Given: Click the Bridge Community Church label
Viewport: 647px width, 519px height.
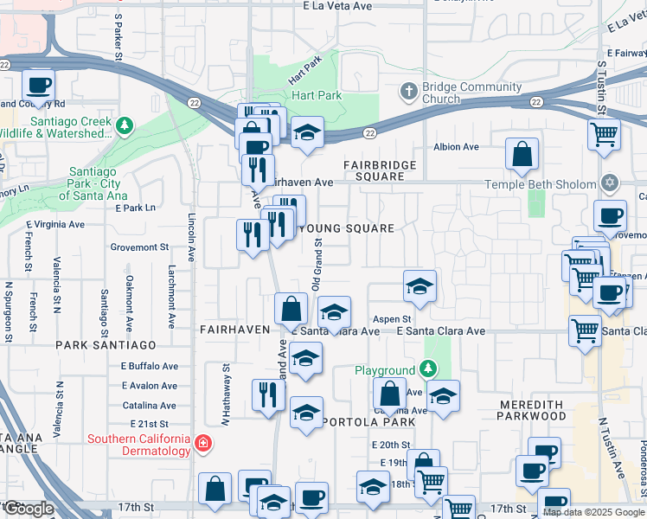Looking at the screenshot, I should point(471,93).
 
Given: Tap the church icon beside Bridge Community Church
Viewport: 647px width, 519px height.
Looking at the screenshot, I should point(408,90).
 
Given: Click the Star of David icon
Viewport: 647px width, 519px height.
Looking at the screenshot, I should point(610,183).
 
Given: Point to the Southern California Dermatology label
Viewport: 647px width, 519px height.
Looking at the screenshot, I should point(138,445).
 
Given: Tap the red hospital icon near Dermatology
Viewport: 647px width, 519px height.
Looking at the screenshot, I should point(203,445).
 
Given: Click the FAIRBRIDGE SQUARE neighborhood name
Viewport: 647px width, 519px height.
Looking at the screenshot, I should point(380,170).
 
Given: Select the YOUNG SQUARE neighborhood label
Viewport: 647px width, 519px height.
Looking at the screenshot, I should point(346,228).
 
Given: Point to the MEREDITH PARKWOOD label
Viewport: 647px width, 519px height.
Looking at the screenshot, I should point(533,409).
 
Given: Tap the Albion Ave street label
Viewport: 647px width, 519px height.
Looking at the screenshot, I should point(456,147).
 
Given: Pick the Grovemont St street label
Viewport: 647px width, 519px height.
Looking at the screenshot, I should point(139,247).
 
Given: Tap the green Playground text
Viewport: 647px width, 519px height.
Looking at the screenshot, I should point(386,370).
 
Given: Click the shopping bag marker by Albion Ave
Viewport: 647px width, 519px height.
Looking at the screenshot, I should point(522,156).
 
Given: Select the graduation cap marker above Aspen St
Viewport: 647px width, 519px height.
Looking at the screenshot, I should point(420,287).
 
